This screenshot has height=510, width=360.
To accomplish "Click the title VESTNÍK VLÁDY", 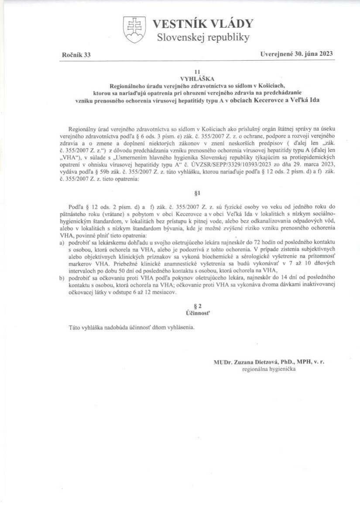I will click(202, 24).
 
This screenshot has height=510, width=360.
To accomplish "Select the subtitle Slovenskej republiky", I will click(203, 38).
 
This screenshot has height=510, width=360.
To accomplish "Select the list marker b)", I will click(63, 278).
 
